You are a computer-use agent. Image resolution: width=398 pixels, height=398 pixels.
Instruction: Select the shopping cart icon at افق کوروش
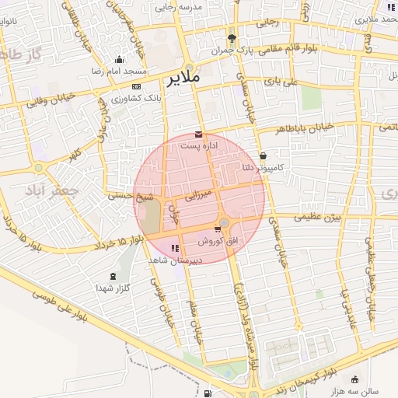point(217,229)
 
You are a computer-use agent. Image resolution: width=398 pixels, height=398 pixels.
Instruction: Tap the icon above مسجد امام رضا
point(118,60)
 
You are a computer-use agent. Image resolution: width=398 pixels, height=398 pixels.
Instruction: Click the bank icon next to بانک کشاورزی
point(137,86)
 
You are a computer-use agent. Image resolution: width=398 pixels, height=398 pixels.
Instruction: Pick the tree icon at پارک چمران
point(232,38)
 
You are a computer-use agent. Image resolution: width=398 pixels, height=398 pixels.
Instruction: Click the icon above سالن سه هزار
point(355,380)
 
